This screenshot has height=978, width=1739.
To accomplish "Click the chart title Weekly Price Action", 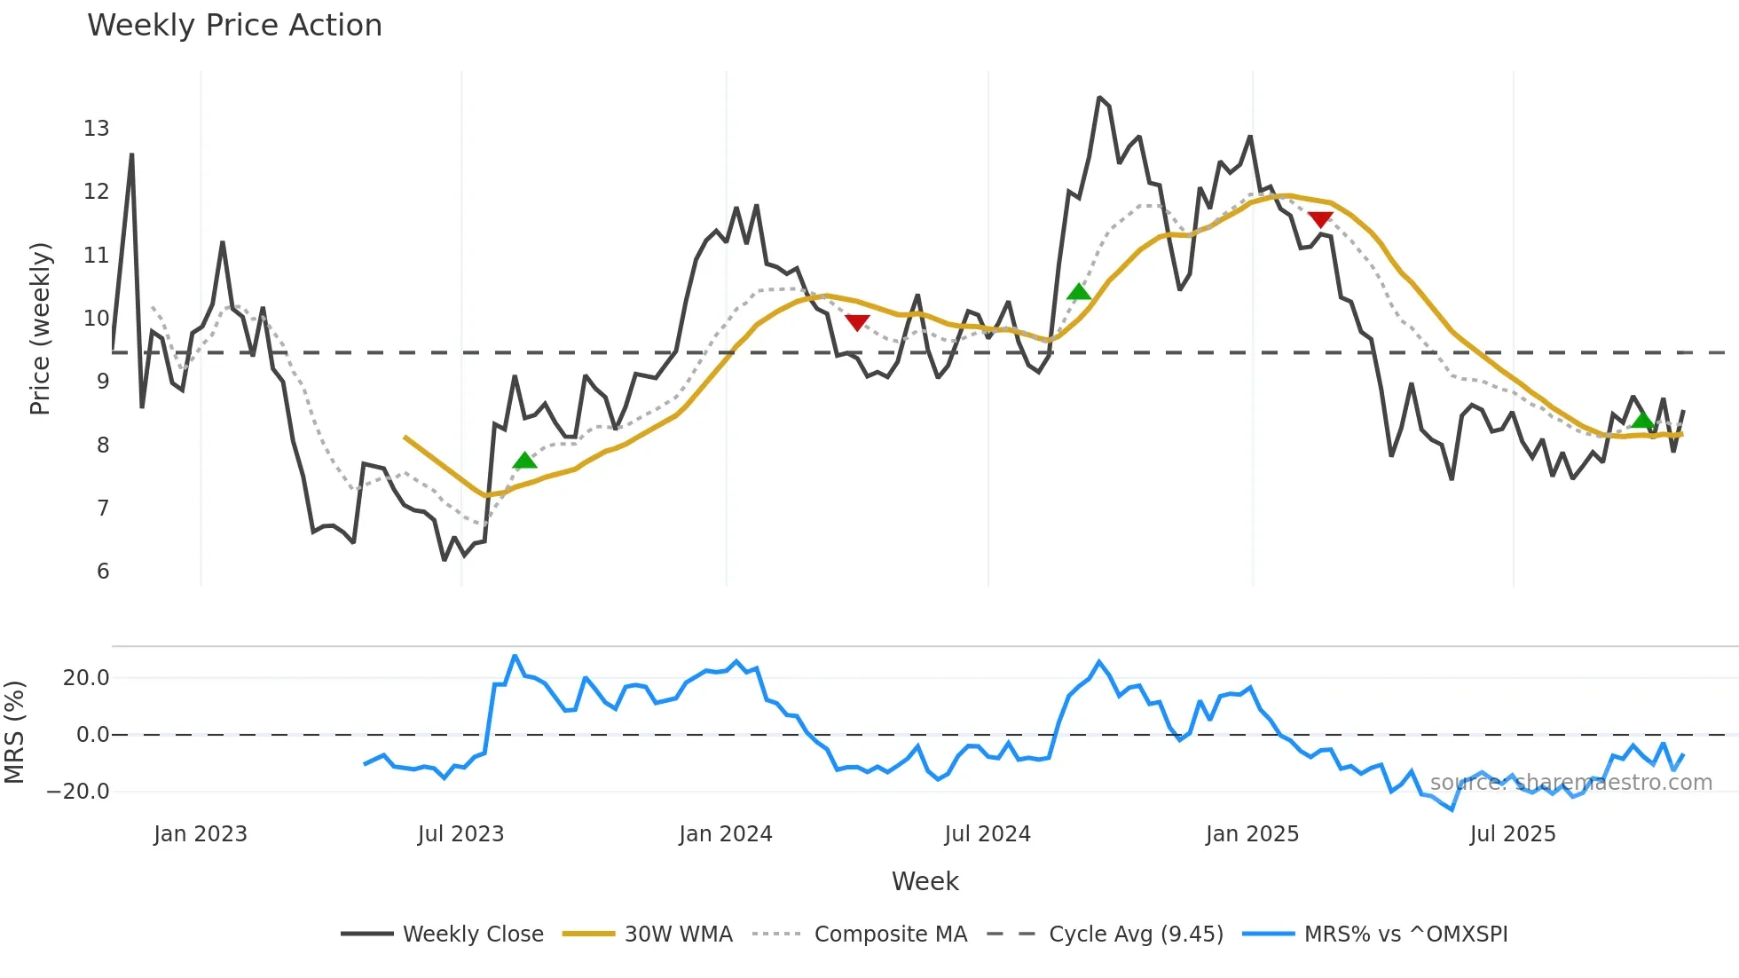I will (234, 26).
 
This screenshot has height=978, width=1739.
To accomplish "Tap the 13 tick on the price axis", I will (97, 129).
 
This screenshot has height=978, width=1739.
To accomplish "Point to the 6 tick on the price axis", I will (103, 572).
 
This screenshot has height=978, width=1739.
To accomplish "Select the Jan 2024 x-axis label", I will (725, 834).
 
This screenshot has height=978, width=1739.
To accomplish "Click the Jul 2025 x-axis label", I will (1512, 834).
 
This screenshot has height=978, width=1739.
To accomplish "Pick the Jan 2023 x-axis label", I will (200, 834).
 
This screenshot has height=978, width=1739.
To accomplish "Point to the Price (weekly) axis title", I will (40, 328).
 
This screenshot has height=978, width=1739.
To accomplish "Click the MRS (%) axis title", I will (14, 732).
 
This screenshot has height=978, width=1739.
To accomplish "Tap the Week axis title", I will (925, 881).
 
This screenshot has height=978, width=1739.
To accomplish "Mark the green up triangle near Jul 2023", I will (524, 461).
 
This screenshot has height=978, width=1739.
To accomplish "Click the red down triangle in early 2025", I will (1319, 219).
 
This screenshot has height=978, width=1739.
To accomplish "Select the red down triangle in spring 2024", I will (857, 322).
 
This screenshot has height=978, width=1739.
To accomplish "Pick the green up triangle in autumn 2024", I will (1078, 292).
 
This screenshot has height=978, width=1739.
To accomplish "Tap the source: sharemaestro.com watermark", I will (1570, 783).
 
